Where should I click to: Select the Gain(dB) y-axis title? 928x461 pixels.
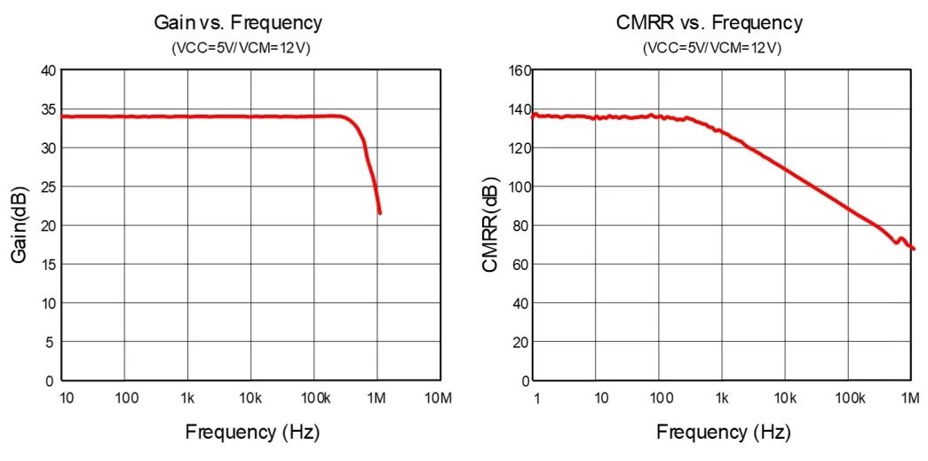tap(20, 224)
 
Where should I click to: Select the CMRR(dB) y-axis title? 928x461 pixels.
tap(491, 224)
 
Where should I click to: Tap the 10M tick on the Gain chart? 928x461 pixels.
tap(440, 397)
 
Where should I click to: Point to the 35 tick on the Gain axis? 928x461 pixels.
tap(48, 109)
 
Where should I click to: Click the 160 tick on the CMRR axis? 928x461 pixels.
tap(519, 70)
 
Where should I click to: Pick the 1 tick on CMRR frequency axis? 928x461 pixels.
tap(536, 397)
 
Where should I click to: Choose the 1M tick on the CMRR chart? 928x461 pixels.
tap(909, 397)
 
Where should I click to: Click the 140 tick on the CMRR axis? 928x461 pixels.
tap(519, 109)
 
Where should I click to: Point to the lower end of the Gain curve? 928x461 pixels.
tap(380, 213)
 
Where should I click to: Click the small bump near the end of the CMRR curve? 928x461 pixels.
tap(900, 238)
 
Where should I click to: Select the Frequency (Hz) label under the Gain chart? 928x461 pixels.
tap(252, 433)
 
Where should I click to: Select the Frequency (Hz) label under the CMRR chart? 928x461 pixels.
tap(723, 433)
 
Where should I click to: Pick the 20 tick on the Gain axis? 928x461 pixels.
tap(48, 226)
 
